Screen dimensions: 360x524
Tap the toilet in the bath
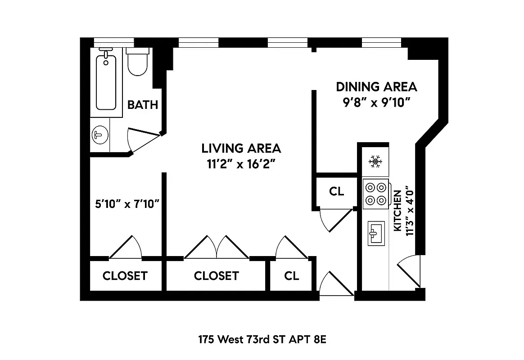pos(137,63)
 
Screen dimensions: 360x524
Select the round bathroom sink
pos(99,135)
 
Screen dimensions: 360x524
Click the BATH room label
pos(143,105)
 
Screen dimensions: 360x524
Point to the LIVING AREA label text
pos(241,148)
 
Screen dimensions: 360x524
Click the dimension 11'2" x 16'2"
pos(241,164)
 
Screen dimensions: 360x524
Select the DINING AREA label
pos(376,86)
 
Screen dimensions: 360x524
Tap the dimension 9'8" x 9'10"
pos(376,103)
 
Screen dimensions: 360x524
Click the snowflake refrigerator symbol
pos(375,161)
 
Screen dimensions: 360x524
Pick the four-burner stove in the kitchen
pos(376,193)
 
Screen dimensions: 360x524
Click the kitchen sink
pos(376,233)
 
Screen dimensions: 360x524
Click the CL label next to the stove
pos(336,191)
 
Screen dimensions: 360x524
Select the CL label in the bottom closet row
pos(291,275)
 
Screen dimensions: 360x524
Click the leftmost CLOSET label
pos(125,275)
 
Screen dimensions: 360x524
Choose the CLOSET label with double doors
pos(216,275)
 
